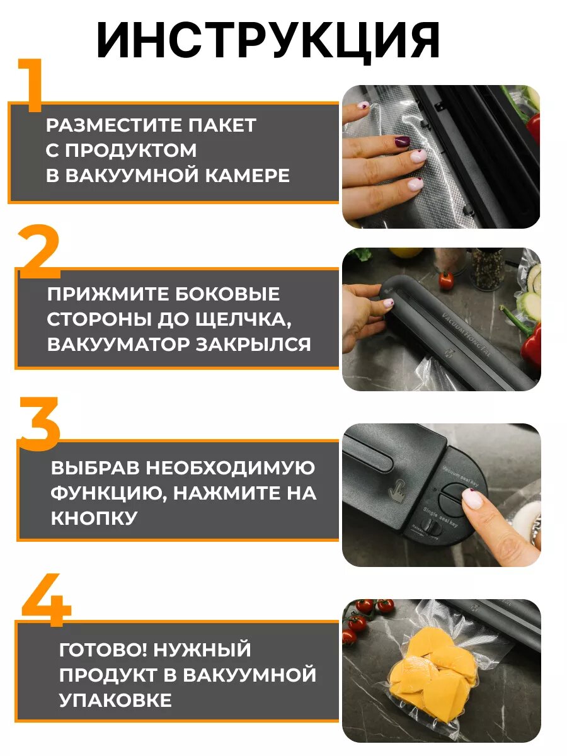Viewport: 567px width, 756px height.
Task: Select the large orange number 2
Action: tap(38, 251)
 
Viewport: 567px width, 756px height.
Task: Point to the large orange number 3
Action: tap(39, 423)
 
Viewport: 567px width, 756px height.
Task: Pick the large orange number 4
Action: tap(46, 600)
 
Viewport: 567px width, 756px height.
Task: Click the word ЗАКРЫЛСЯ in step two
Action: tap(253, 345)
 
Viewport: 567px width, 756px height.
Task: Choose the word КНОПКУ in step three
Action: tap(94, 518)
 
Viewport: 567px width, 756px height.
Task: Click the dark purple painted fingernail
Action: tap(401, 140)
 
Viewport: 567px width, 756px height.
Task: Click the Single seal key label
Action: tap(440, 517)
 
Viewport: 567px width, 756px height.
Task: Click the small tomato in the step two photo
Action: tap(445, 280)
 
